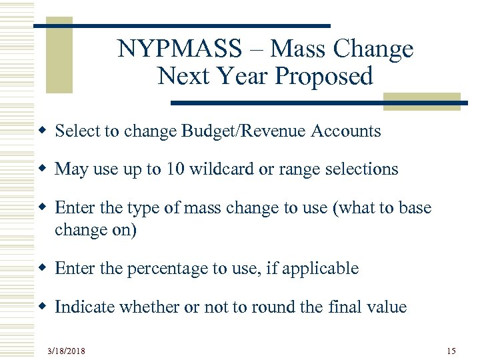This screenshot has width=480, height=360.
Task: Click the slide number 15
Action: tap(451, 350)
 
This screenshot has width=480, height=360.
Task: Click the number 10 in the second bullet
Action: tap(175, 169)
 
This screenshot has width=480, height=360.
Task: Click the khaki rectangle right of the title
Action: tap(421, 101)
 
